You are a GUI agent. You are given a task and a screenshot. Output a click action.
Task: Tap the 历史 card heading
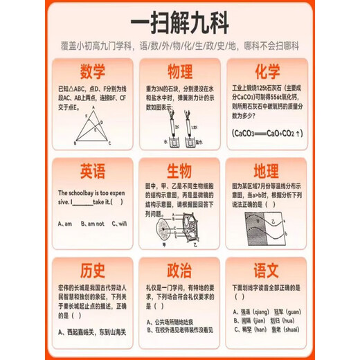click(93, 269)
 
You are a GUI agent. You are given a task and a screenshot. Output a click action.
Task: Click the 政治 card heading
click(179, 269)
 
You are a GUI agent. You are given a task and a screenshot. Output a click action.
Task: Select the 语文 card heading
click(267, 269)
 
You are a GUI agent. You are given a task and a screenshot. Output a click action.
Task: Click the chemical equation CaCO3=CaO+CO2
click(267, 133)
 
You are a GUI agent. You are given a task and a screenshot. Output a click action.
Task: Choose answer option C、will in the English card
click(118, 224)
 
